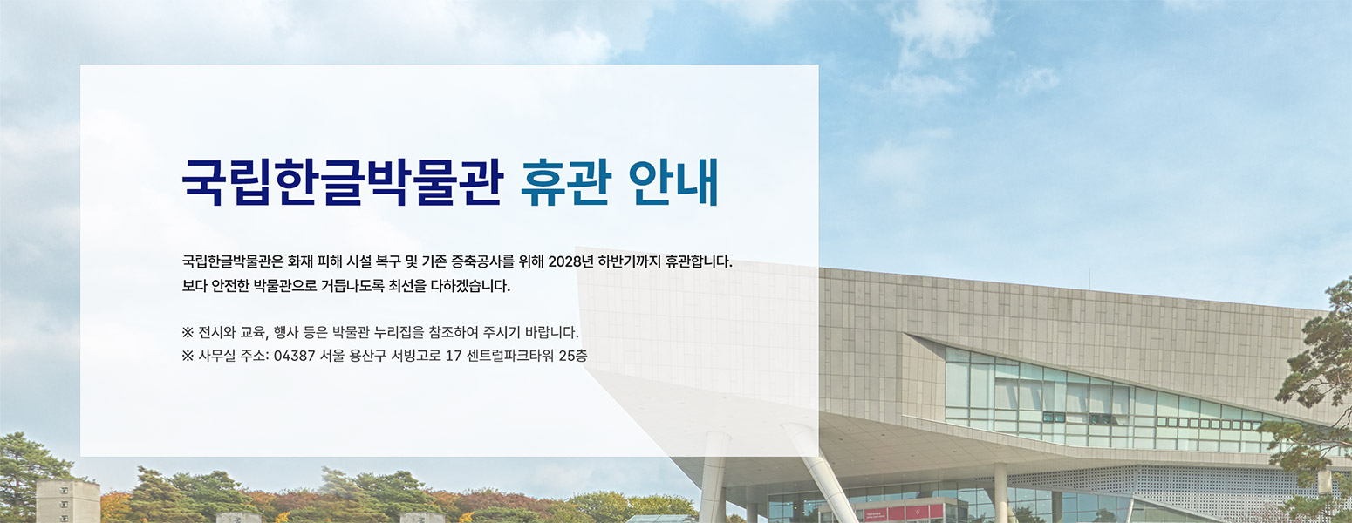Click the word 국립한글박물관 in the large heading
coord(342,181)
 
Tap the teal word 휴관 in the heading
coord(565,181)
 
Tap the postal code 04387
coord(294,356)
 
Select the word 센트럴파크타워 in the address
coord(510,356)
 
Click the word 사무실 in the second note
coord(218,356)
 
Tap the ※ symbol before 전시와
coord(188,332)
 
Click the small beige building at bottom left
coord(67,501)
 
